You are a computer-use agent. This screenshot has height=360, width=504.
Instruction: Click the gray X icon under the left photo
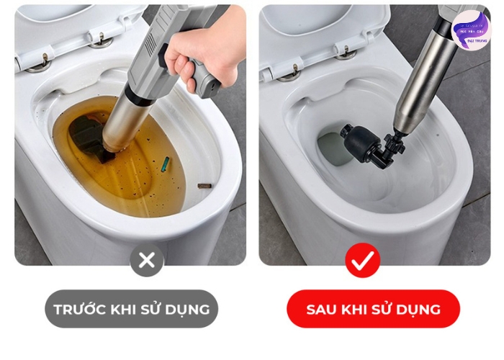coord(147,260)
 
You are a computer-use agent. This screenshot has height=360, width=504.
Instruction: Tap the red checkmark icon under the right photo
coord(362,260)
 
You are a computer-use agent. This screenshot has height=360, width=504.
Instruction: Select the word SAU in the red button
coord(321,310)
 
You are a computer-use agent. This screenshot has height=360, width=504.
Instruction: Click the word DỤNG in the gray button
coord(188,310)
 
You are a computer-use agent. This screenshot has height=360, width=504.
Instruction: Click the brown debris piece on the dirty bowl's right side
coord(204,186)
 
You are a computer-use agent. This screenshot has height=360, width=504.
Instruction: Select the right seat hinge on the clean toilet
coord(346,51)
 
